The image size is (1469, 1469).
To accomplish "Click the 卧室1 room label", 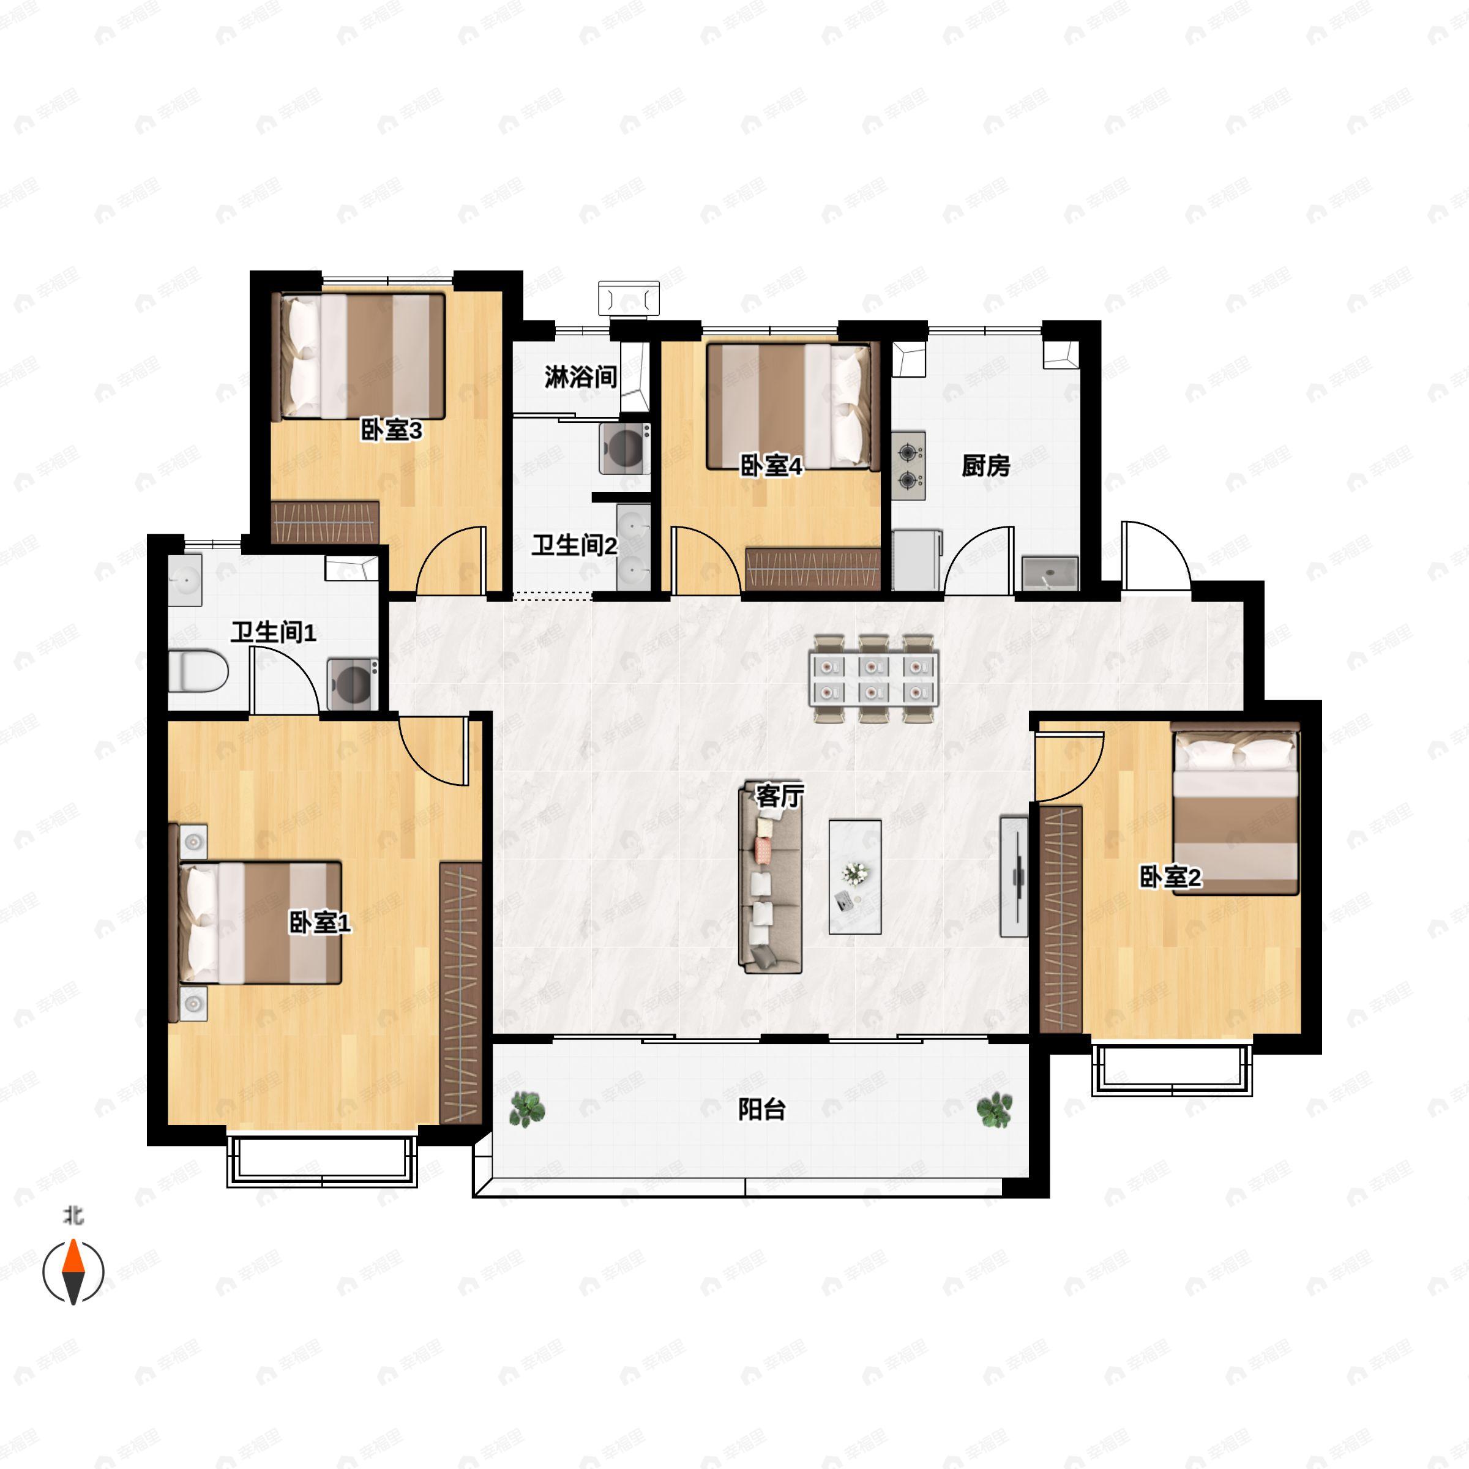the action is click(x=320, y=923).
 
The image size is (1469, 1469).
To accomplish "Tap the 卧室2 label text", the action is click(x=1170, y=878).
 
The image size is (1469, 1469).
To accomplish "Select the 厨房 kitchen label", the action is click(x=985, y=465).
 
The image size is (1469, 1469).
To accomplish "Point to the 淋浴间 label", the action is click(x=580, y=376).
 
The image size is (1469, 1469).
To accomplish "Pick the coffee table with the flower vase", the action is click(x=856, y=877).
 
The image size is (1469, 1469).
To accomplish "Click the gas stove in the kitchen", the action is click(x=908, y=466).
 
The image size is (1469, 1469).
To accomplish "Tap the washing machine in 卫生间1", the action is click(x=353, y=684).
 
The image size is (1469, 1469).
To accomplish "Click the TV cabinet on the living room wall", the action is click(x=1014, y=876).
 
